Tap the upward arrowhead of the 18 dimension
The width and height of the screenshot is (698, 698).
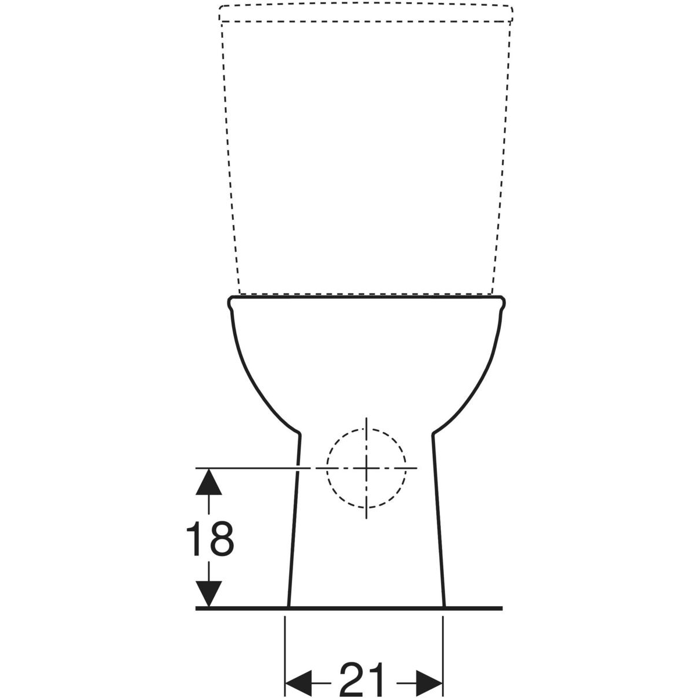[x=209, y=482]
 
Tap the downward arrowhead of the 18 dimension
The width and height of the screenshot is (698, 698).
[x=209, y=593]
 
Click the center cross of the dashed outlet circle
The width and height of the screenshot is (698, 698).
[x=366, y=468]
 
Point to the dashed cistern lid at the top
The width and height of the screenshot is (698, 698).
[x=365, y=13]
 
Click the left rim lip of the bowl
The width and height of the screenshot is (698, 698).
[x=230, y=304]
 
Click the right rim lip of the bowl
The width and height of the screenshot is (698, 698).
[x=502, y=304]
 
